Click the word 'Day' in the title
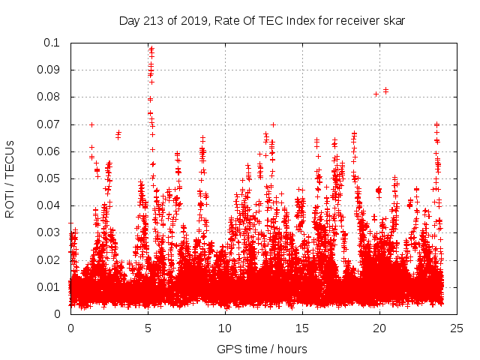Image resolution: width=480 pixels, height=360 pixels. tap(129, 20)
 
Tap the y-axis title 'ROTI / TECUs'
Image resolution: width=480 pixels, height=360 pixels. tap(10, 178)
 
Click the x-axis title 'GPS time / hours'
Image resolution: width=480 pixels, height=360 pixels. tap(262, 349)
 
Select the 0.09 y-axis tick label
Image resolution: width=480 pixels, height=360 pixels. tap(50, 70)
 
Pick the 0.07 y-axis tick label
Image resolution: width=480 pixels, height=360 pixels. tap(50, 124)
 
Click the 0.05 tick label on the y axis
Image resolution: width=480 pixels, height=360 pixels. tap(50, 178)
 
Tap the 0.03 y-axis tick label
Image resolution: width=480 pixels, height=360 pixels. tap(50, 232)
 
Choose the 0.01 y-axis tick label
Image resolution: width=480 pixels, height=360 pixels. tap(50, 286)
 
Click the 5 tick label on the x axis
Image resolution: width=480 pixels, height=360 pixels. tap(148, 328)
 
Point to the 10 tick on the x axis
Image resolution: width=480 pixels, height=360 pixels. tap(225, 328)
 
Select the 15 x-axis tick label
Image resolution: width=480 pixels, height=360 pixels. tap(302, 328)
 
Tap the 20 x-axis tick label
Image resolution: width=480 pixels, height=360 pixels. tap(379, 328)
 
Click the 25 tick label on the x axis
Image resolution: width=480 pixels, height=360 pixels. tap(457, 328)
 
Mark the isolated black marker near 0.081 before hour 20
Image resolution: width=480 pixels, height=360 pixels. tap(376, 94)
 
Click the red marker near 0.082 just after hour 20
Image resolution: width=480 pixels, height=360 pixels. tap(385, 90)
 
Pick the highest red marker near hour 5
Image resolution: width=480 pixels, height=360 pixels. tap(151, 49)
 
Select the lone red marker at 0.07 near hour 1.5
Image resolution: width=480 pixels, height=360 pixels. tap(91, 124)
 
